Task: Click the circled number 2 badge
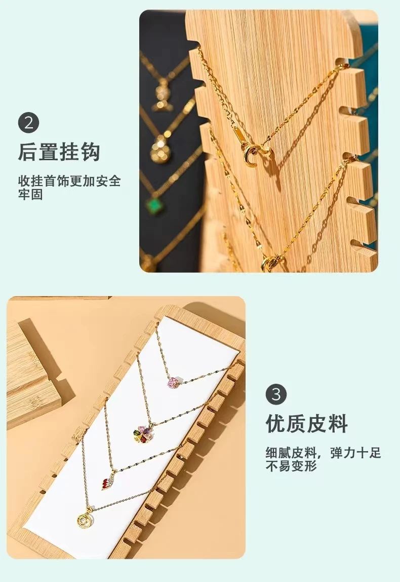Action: (28, 123)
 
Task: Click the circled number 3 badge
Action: (276, 394)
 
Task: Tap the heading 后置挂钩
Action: (59, 152)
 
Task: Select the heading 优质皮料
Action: (307, 423)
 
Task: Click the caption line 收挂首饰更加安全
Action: (69, 181)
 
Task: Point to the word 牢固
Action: (30, 194)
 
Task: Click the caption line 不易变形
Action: (291, 466)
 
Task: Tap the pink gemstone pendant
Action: (174, 383)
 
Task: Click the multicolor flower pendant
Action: (143, 433)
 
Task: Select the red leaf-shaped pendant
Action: (108, 483)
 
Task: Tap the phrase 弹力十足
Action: (355, 453)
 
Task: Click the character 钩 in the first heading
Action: (91, 152)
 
